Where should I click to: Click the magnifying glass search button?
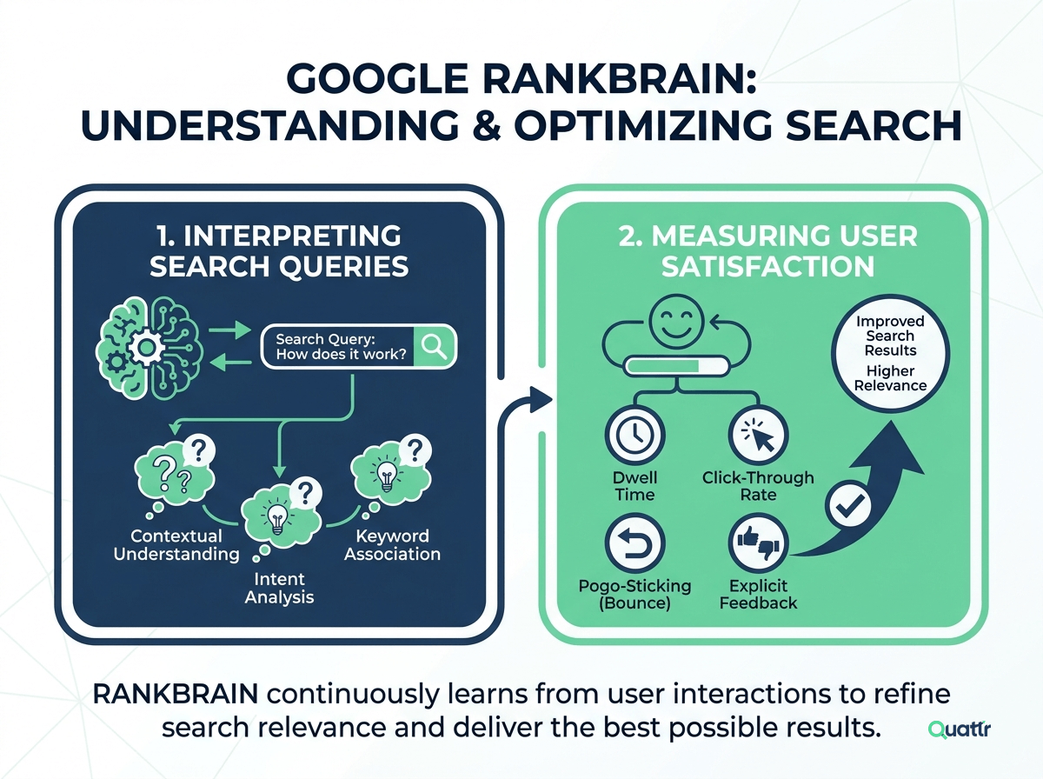click(434, 347)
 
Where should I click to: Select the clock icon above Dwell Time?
click(634, 436)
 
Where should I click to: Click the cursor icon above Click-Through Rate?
click(759, 436)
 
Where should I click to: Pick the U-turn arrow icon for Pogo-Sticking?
click(634, 543)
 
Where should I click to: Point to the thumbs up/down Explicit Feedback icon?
click(759, 543)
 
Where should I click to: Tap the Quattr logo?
click(960, 729)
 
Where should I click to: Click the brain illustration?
click(149, 349)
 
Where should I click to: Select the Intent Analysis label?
click(279, 588)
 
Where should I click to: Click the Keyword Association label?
click(393, 544)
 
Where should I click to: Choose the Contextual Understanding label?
click(176, 544)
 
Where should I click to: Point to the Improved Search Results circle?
click(890, 353)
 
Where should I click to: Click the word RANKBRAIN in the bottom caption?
click(176, 694)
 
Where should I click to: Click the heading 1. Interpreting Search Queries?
click(279, 250)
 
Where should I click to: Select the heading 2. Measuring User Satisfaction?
click(767, 250)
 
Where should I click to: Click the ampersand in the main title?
click(487, 124)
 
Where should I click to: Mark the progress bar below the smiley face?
click(676, 366)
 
